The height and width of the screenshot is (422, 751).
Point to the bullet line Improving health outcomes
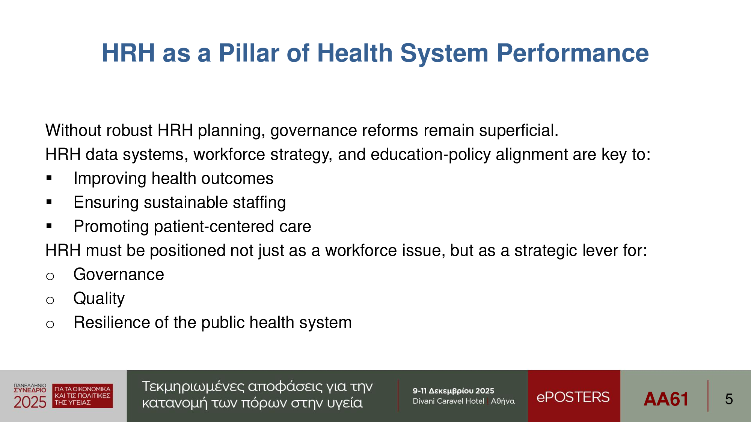pyautogui.click(x=173, y=179)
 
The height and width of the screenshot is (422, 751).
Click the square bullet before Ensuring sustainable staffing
pyautogui.click(x=49, y=202)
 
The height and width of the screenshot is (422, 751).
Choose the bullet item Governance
pyautogui.click(x=119, y=275)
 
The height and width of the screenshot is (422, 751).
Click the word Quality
pyautogui.click(x=99, y=299)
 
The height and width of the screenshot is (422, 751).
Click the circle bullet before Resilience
pyautogui.click(x=50, y=324)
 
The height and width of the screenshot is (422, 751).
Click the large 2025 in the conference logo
pyautogui.click(x=30, y=402)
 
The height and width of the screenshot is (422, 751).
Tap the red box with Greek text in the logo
pyautogui.click(x=83, y=396)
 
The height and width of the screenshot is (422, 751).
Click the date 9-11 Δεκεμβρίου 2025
pyautogui.click(x=453, y=391)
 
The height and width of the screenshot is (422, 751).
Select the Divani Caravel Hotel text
pyautogui.click(x=448, y=401)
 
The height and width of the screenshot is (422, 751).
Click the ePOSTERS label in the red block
pyautogui.click(x=573, y=397)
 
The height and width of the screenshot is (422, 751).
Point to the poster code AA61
pyautogui.click(x=666, y=399)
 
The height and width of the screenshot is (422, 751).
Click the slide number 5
pyautogui.click(x=729, y=399)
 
